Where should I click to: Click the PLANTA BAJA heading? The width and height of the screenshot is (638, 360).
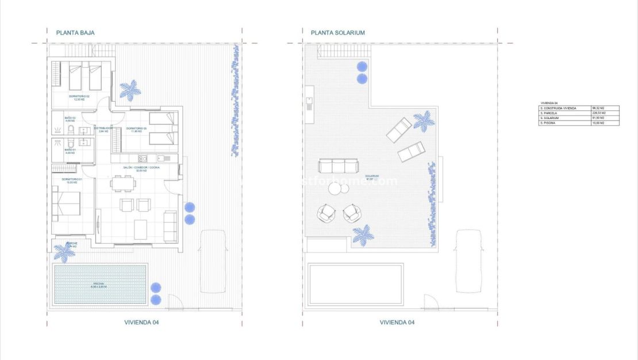tap(75, 33)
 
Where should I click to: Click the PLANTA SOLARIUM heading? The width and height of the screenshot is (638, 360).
tap(338, 33)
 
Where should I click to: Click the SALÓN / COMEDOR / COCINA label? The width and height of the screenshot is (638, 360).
tap(141, 167)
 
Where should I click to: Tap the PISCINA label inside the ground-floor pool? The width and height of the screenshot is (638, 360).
tap(99, 285)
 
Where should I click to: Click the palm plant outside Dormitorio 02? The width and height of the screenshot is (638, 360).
tap(130, 90)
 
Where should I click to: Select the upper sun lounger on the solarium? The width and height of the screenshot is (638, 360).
tap(399, 129)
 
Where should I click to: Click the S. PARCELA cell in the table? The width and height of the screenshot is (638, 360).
tap(564, 113)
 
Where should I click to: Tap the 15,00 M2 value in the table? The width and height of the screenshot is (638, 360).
tap(605, 122)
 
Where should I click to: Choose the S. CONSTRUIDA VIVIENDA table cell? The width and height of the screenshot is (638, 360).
tap(564, 108)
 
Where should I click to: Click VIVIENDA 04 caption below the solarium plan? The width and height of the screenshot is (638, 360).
tap(397, 323)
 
